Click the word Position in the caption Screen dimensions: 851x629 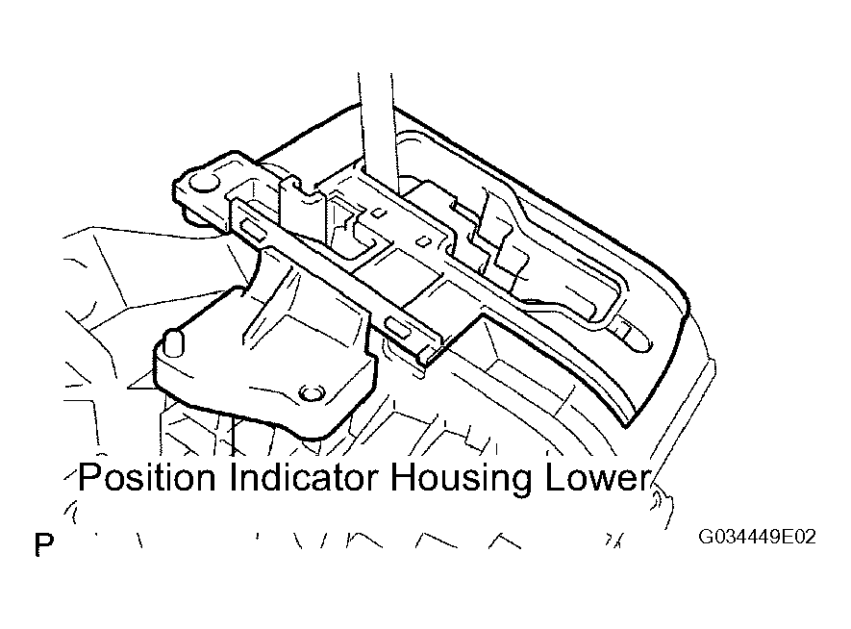(x=146, y=478)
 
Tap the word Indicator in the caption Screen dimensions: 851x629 (x=304, y=478)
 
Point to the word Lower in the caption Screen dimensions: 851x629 (x=597, y=478)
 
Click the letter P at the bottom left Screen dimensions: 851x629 (x=44, y=544)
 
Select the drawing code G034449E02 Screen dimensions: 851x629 (x=757, y=537)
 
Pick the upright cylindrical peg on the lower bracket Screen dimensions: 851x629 (x=174, y=342)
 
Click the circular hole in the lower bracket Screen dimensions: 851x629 (x=310, y=391)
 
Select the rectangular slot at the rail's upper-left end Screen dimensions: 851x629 (x=252, y=227)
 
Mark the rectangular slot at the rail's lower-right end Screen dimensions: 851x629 (x=399, y=328)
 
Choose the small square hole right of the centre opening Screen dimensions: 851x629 (x=425, y=240)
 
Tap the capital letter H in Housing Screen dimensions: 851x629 (x=403, y=478)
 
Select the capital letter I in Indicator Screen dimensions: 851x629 (x=233, y=478)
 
